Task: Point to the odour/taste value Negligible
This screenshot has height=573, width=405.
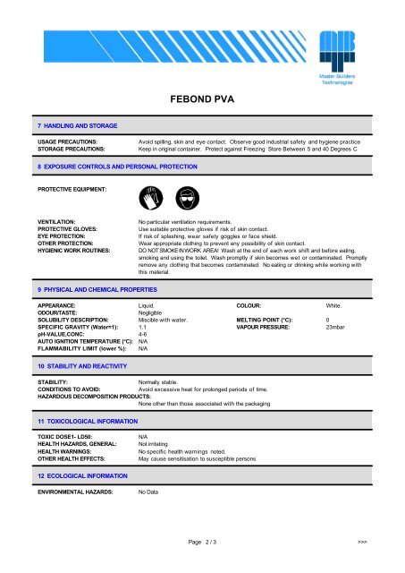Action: (152, 312)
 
